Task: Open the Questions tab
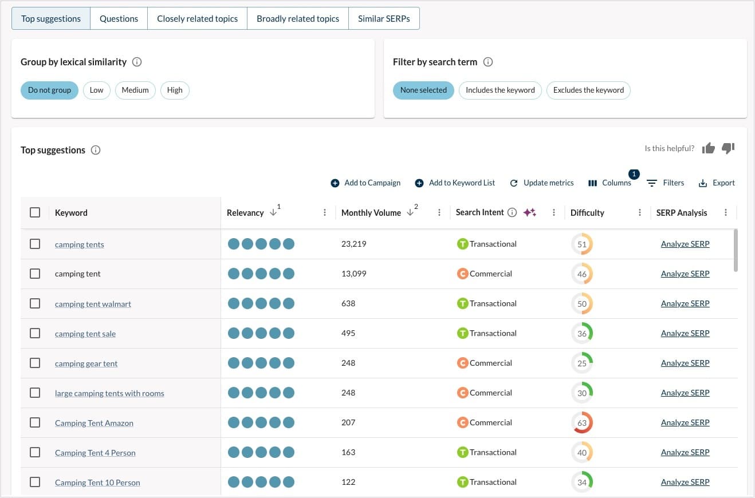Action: point(119,18)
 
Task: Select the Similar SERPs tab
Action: point(384,18)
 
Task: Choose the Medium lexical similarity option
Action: point(135,90)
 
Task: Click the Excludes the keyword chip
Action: point(588,90)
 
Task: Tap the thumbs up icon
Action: point(709,148)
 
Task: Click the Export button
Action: point(717,183)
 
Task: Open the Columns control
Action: point(610,183)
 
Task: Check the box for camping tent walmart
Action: point(35,303)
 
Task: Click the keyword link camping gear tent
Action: point(86,363)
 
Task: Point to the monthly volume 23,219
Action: point(353,244)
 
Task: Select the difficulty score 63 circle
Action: point(582,422)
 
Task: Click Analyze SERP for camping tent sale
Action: point(685,333)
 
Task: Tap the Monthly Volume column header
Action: point(371,212)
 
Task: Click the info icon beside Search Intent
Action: point(512,212)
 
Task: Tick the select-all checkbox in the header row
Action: point(35,212)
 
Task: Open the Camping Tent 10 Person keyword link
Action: point(97,483)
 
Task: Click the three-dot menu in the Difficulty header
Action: point(640,212)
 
